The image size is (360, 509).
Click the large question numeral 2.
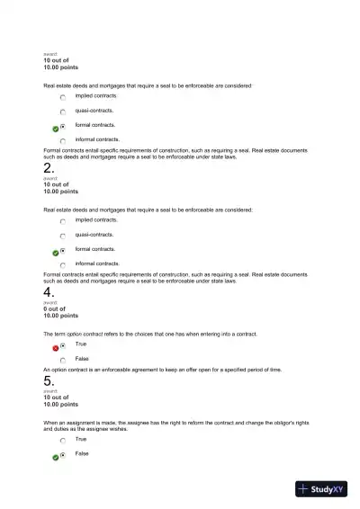49,167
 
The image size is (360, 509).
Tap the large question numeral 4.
49,292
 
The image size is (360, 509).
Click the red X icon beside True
55,346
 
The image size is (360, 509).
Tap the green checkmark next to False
55,457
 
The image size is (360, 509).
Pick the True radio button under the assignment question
63,441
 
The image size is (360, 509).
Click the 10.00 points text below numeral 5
60,405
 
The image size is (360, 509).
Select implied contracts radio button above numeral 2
63,96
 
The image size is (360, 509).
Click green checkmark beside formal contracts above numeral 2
55,127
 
